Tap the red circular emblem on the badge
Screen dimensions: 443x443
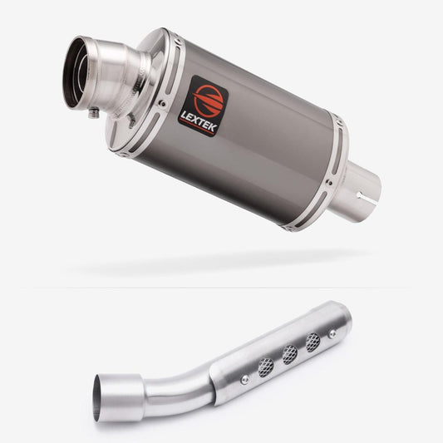(x=209, y=100)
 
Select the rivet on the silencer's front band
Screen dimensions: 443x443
(x=162, y=103)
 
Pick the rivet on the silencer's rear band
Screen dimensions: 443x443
(x=329, y=183)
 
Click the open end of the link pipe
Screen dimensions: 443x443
(x=98, y=399)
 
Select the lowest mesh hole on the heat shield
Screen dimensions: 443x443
(x=266, y=367)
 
